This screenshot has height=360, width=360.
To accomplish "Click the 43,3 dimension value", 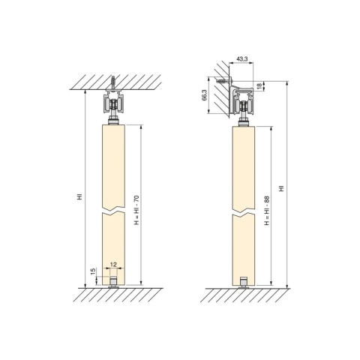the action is [242, 59].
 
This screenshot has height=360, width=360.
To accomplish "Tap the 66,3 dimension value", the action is [205, 95].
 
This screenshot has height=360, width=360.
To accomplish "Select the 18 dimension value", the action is [259, 85].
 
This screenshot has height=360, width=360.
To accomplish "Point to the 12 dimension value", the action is [113, 265].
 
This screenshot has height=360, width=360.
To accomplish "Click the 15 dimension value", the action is [93, 271].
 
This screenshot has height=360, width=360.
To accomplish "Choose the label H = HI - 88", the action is [267, 211].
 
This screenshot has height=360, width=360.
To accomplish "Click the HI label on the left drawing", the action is [79, 197].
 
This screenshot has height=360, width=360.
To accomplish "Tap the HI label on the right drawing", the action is [282, 188].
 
